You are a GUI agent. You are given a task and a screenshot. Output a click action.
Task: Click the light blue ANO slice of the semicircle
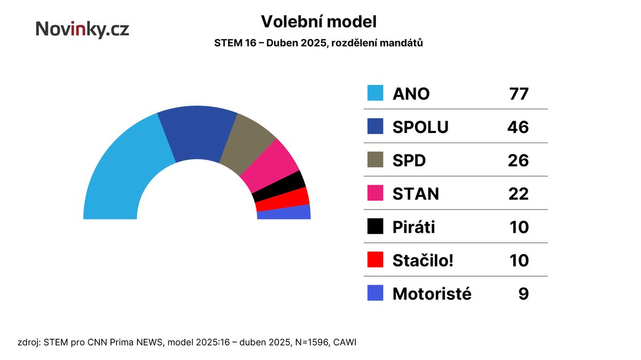120,171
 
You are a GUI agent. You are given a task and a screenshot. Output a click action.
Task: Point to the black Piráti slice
279,186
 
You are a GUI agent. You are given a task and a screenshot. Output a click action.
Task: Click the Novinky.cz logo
82,29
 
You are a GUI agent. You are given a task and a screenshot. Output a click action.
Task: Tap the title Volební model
319,22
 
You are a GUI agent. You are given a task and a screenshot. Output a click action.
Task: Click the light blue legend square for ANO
375,93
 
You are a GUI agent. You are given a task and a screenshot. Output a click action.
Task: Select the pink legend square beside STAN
375,193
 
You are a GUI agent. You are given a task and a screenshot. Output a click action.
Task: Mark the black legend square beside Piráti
375,226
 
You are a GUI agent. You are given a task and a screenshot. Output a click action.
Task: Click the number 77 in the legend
519,94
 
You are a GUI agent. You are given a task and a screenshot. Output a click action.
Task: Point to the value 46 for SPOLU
518,127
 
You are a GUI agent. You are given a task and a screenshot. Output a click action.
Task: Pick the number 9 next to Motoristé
523,294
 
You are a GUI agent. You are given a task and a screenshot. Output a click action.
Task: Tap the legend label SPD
409,161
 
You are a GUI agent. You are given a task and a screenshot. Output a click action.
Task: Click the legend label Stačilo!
423,261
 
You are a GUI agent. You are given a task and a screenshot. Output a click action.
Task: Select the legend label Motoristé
432,294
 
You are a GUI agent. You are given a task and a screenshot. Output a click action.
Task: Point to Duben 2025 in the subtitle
296,43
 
